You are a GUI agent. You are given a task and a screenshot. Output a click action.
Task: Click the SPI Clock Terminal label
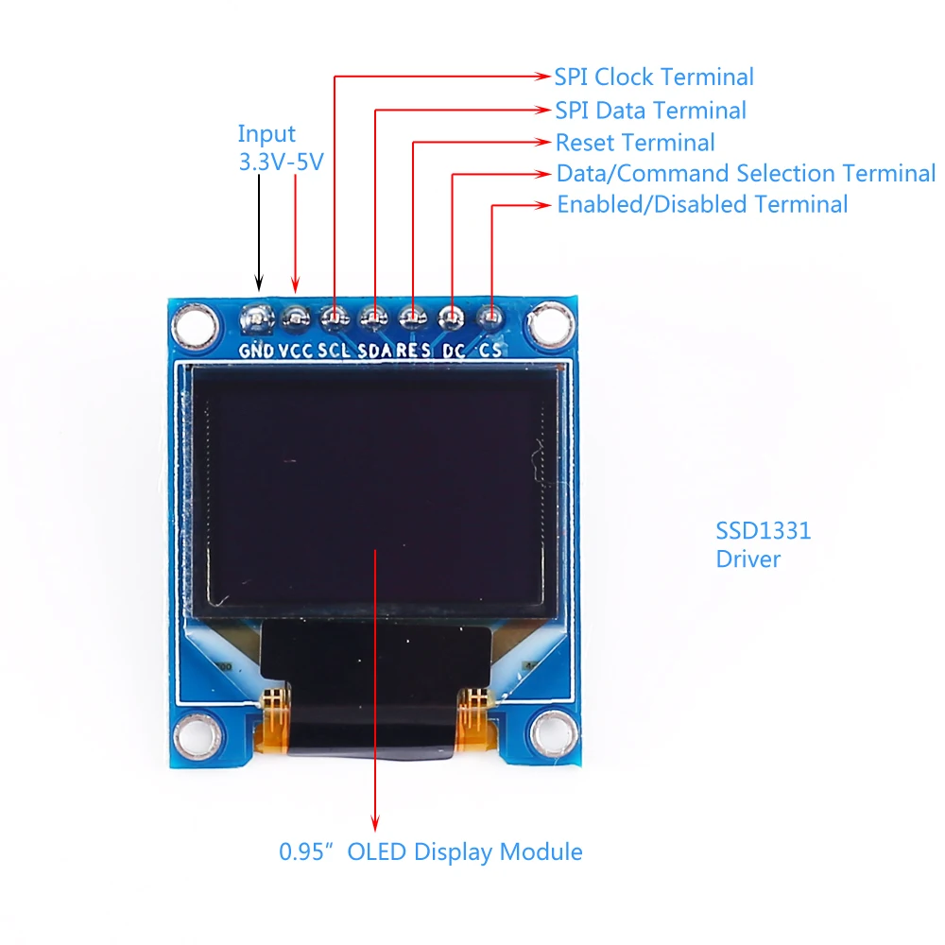click(x=654, y=77)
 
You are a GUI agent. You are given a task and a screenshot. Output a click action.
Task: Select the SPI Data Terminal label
click(x=650, y=111)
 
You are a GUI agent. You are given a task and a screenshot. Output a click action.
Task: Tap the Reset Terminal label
click(x=635, y=143)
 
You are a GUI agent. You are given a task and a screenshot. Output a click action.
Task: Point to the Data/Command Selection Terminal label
click(x=746, y=174)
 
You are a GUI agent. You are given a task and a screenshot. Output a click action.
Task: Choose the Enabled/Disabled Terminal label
click(x=702, y=204)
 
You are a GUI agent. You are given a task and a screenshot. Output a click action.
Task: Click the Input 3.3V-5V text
click(x=280, y=147)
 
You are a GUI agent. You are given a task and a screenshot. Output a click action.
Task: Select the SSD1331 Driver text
click(x=763, y=544)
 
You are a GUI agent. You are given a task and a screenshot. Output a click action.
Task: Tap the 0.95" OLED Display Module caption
click(x=431, y=851)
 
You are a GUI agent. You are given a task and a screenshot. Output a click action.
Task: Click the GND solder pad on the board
click(x=257, y=318)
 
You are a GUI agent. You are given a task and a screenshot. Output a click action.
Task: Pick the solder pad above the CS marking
click(x=490, y=317)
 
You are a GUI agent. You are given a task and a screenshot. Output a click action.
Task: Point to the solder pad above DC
click(x=451, y=317)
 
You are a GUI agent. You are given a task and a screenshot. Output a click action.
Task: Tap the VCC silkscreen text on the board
click(x=296, y=351)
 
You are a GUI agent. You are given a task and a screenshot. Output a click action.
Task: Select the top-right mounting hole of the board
click(x=549, y=325)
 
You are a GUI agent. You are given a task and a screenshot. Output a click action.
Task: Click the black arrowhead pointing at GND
click(x=258, y=282)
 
